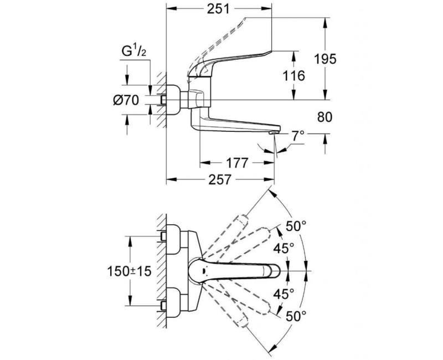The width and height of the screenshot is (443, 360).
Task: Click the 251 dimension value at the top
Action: (218, 9)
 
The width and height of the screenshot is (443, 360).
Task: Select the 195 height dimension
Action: (325, 59)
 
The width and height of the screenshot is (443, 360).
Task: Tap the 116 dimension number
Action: (294, 76)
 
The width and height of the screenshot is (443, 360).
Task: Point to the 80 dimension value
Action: (324, 117)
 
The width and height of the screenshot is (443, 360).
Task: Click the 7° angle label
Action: (298, 137)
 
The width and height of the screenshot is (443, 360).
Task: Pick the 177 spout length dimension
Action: (237, 163)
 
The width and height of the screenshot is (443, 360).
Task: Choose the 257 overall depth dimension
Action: (220, 179)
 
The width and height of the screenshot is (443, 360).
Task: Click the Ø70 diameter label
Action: (126, 100)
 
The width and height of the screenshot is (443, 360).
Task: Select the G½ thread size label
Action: (134, 52)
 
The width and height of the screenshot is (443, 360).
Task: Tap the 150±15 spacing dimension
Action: (130, 271)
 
